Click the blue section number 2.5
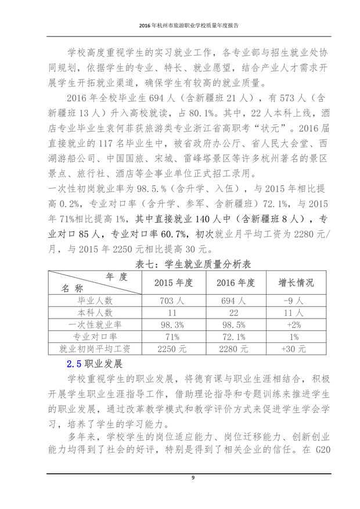coord(74,364)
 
